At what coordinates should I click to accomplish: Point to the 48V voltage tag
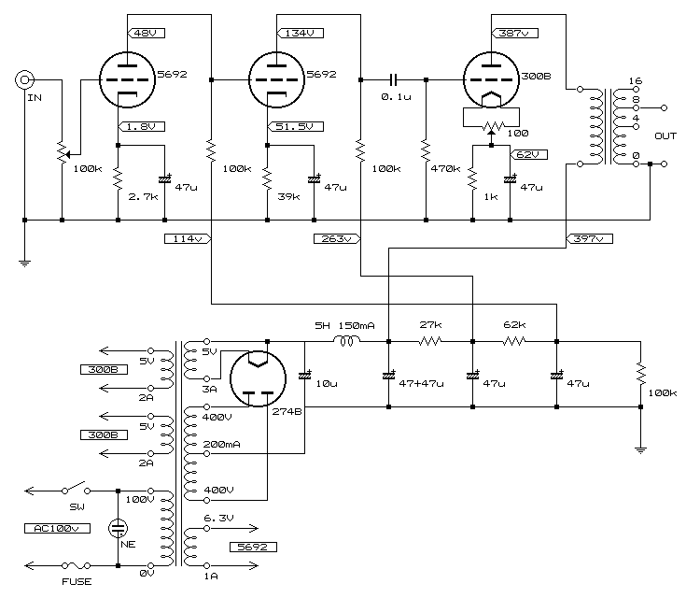click(145, 34)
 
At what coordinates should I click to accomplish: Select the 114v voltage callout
click(187, 239)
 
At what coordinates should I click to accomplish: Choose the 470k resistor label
click(446, 169)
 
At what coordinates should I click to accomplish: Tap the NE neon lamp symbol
click(119, 528)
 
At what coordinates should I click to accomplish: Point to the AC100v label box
click(51, 528)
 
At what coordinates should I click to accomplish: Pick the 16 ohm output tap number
click(636, 81)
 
